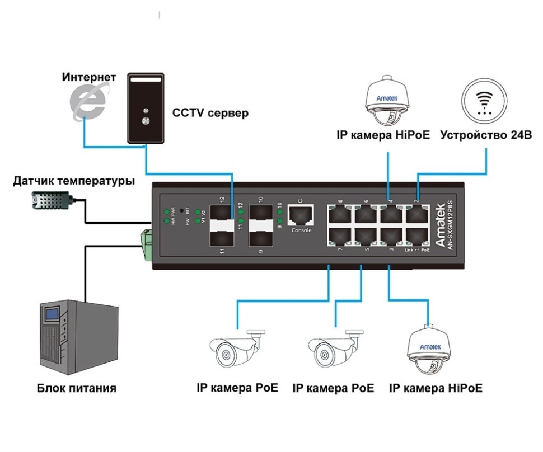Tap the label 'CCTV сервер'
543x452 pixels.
210,114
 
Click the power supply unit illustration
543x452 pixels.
78,338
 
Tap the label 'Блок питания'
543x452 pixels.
77,388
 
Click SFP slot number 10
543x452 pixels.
260,214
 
